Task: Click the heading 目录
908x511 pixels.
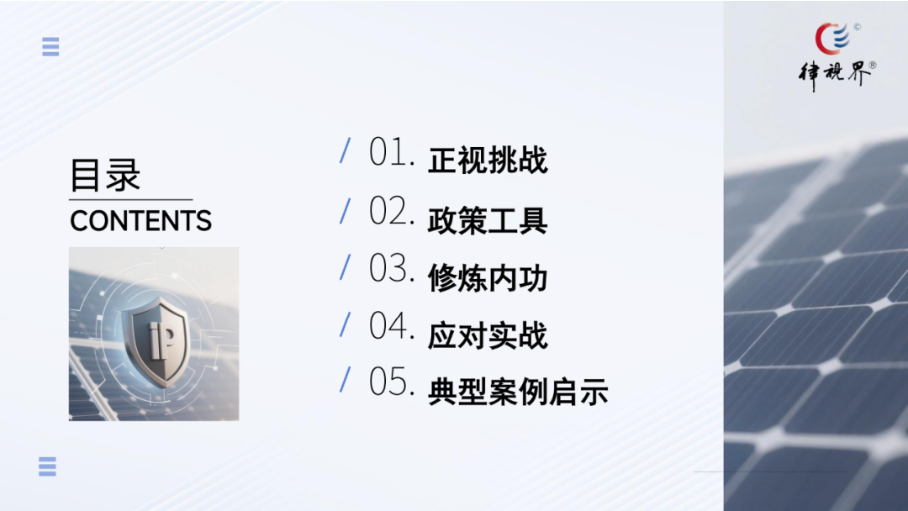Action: pos(105,175)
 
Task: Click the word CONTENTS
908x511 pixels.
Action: pos(140,221)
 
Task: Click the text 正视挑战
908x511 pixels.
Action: pos(488,161)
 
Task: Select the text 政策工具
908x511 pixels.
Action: pos(488,220)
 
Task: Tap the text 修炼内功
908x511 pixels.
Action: pos(488,278)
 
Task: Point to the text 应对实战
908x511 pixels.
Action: pos(488,335)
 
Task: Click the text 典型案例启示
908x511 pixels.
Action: pos(518,392)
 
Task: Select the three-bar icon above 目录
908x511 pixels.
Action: pos(51,47)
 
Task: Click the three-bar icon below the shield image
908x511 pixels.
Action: pos(47,466)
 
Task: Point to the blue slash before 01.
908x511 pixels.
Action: pos(346,150)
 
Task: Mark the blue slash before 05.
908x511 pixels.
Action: pos(346,380)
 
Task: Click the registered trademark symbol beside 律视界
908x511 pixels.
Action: pos(873,66)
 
